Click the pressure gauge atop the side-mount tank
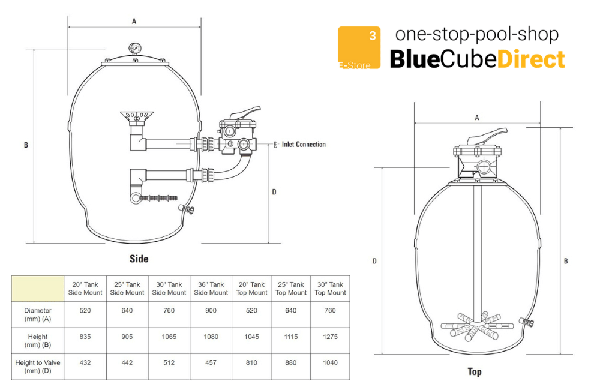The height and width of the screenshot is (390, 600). click(x=134, y=48)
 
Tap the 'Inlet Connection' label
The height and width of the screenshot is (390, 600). click(x=304, y=144)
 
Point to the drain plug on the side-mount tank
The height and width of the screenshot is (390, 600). click(x=187, y=209)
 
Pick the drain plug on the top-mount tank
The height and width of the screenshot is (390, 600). click(x=527, y=322)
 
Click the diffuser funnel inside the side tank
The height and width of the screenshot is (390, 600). click(x=137, y=118)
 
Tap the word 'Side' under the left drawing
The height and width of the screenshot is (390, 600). click(x=139, y=259)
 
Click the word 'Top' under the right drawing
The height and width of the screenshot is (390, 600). click(x=475, y=371)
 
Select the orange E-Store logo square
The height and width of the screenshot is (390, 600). click(x=359, y=47)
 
